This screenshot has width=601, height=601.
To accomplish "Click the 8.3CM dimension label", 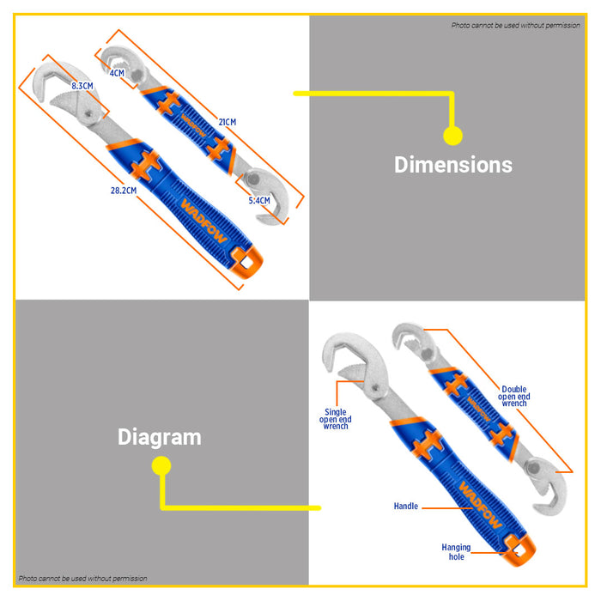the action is tap(82, 86).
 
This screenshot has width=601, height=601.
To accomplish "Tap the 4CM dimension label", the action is tap(117, 73).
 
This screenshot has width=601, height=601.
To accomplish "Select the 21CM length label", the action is tap(228, 122).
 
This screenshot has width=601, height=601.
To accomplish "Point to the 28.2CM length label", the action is tap(124, 191).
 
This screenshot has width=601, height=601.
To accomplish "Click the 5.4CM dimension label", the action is tap(259, 200).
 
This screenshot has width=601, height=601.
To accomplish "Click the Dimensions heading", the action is tap(453, 165).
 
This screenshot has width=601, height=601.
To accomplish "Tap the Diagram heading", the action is tap(160, 437).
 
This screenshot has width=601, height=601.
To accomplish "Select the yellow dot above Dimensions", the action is tap(452, 136).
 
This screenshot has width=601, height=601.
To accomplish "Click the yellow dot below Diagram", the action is tap(161, 466).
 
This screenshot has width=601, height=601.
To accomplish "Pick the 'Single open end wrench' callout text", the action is tap(336, 419).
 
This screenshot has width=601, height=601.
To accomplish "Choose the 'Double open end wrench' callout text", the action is tap(514, 397).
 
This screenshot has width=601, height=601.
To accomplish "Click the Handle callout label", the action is tap(406, 507).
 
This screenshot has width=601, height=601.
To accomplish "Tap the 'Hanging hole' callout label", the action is tap(456, 552).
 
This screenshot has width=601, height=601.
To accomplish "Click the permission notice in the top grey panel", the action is tap(515, 25).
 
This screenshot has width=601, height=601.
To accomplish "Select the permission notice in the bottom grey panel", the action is tap(82, 579).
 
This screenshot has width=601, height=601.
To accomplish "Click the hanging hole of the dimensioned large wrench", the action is tap(246, 262).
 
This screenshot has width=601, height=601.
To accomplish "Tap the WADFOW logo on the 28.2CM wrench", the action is tap(204, 221).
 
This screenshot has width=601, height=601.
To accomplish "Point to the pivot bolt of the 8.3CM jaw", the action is tap(88, 113).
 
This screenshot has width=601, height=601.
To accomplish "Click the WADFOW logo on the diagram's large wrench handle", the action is tap(480, 505).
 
